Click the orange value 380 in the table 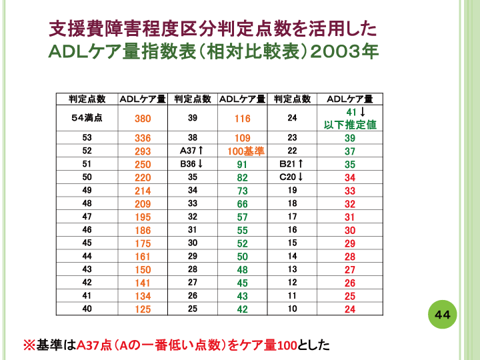click(x=143, y=119)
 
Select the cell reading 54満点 click(x=87, y=118)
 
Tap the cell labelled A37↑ click(x=192, y=151)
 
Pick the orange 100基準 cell click(x=242, y=151)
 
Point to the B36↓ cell click(x=192, y=164)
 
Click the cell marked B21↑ click(x=291, y=164)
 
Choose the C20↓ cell click(x=291, y=177)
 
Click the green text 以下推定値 click(x=350, y=125)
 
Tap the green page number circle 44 click(x=443, y=314)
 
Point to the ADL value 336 click(x=143, y=138)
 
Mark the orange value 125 click(x=143, y=309)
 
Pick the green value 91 click(x=242, y=164)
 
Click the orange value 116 click(x=242, y=119)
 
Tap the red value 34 click(x=350, y=177)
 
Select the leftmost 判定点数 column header click(x=87, y=99)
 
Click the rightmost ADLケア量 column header click(x=350, y=99)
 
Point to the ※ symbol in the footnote click(x=29, y=345)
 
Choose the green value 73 click(x=242, y=191)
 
